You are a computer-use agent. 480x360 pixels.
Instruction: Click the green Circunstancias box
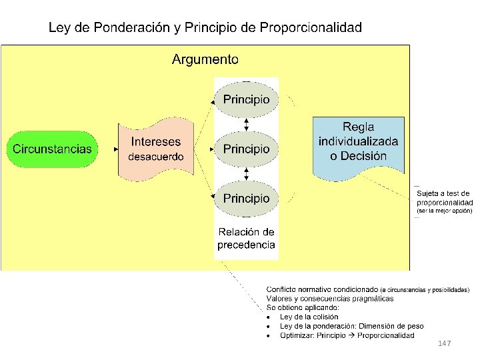coord(52,149)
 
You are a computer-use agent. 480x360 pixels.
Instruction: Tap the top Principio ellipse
coord(247,99)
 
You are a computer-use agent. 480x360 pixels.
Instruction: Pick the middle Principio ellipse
coord(247,149)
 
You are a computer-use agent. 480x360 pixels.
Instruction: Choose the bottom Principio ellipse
coord(247,198)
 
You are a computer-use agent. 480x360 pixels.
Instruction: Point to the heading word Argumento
coord(205,59)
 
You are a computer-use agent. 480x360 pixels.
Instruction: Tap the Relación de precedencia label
coord(246,238)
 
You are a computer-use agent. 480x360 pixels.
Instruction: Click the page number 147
coord(445,343)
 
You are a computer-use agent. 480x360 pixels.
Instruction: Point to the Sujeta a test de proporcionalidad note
coord(444,198)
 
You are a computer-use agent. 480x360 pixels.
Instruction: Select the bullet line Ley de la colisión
coord(309,317)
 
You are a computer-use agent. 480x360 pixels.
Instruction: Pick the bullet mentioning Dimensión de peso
coord(351,326)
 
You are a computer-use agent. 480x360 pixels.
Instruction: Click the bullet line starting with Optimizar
coord(347,335)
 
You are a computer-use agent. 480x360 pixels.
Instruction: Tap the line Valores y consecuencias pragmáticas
coord(330,299)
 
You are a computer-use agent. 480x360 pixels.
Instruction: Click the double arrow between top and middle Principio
coord(247,124)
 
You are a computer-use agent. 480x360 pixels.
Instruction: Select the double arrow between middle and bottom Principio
coord(247,173)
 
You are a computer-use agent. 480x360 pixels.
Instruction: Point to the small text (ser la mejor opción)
coord(444,211)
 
